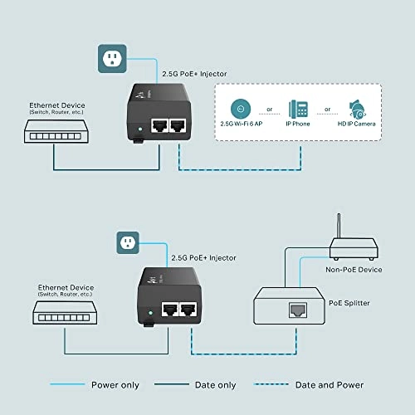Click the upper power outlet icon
pos(112,57)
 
